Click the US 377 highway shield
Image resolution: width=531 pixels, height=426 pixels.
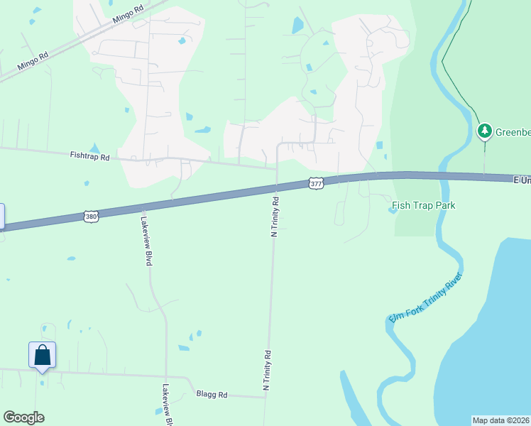pyautogui.click(x=317, y=183)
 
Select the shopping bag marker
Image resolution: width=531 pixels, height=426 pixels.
pyautogui.click(x=42, y=355)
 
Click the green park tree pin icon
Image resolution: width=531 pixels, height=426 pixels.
pyautogui.click(x=485, y=131)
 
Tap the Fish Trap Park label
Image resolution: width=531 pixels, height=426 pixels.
pyautogui.click(x=424, y=206)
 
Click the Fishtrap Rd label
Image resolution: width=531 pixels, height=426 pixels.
pyautogui.click(x=89, y=155)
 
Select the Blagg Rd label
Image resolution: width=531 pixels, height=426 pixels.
pyautogui.click(x=212, y=394)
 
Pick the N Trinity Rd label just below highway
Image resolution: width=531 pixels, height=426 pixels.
pyautogui.click(x=275, y=217)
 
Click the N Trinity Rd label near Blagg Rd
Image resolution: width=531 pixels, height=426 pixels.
pyautogui.click(x=268, y=370)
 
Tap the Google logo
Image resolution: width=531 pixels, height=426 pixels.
pyautogui.click(x=23, y=417)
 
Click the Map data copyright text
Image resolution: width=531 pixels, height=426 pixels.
pyautogui.click(x=500, y=420)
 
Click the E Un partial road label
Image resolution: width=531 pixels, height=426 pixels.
pyautogui.click(x=522, y=181)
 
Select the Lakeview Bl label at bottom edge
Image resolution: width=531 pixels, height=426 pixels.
pyautogui.click(x=166, y=405)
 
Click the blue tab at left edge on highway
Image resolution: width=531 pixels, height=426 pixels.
pyautogui.click(x=2, y=216)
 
